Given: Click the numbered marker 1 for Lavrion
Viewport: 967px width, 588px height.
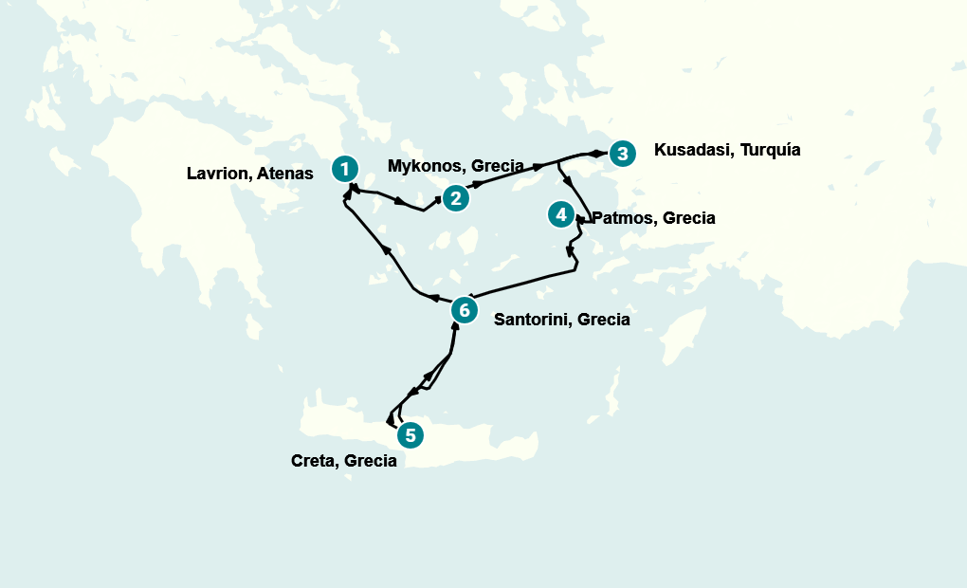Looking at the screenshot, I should [x=346, y=170].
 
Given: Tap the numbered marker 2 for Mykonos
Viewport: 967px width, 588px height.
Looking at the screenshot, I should [x=456, y=198].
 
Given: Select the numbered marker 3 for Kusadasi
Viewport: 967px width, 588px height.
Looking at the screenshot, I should [x=620, y=154].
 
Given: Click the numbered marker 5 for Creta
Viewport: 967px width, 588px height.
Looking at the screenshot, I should [x=410, y=435].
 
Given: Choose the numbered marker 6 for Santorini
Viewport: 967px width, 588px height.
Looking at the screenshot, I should [x=463, y=310].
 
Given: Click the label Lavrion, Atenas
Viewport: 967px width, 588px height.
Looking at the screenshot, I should [x=250, y=174].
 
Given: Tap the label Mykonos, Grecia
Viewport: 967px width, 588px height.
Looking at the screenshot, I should [x=456, y=167].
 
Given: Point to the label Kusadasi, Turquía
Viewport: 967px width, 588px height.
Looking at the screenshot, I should [x=727, y=150].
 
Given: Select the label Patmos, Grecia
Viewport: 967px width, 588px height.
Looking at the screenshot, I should [x=653, y=218].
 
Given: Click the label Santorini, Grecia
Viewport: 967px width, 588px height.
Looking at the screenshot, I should [x=562, y=320].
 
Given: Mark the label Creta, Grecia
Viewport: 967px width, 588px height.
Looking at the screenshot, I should [x=343, y=462].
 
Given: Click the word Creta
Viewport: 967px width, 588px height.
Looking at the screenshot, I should [x=315, y=462].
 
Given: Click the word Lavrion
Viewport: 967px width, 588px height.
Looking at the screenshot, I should [x=219, y=174].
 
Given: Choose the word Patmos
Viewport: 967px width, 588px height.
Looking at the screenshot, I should [x=624, y=218].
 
